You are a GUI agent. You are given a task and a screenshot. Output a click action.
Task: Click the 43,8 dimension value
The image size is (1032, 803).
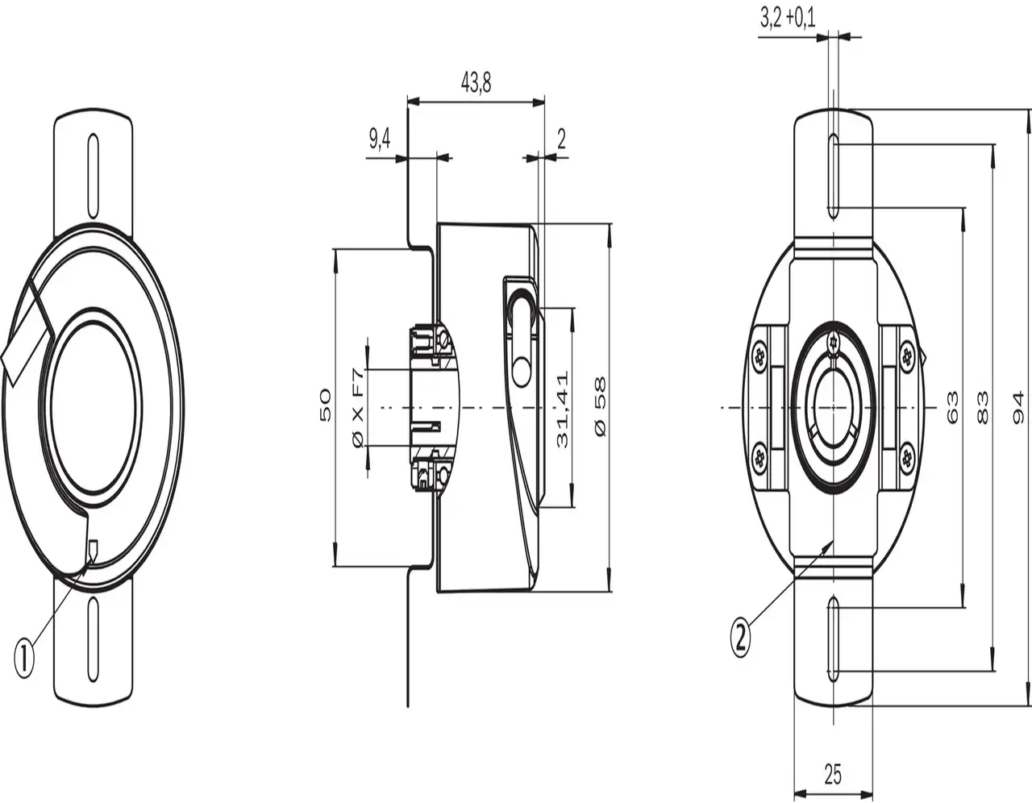476,82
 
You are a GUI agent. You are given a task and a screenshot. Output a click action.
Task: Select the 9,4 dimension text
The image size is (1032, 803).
380,139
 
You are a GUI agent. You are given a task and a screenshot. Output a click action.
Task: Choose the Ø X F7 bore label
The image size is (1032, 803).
359,407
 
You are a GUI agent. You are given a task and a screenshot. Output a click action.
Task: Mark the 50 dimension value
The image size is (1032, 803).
326,406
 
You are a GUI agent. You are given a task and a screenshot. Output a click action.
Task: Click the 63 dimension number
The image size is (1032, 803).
952,408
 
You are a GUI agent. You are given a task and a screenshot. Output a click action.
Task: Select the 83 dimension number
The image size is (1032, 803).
982,407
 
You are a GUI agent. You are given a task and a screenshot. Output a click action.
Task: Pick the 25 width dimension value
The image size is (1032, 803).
833,775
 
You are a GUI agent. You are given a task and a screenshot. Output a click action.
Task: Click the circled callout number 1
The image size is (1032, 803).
25,658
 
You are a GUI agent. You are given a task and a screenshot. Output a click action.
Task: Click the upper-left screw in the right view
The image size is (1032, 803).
759,356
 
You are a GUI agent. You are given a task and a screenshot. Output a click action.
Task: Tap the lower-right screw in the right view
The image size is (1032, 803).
907,459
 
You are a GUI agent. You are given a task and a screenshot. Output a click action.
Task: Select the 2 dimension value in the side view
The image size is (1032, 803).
561,139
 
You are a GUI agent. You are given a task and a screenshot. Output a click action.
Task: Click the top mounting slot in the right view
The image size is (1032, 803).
834,177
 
